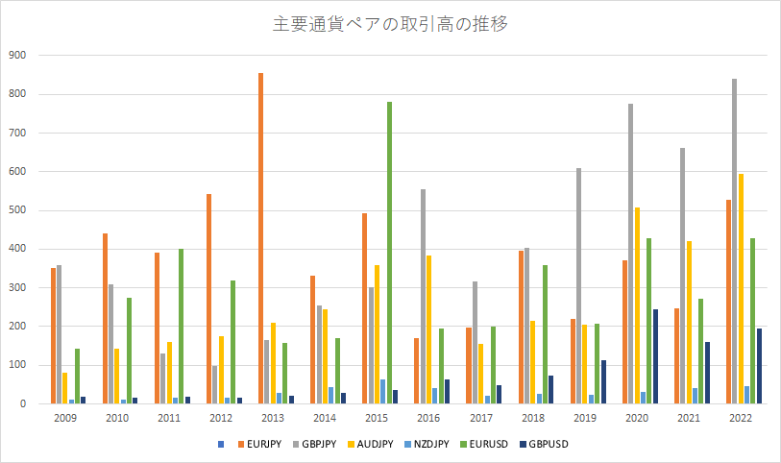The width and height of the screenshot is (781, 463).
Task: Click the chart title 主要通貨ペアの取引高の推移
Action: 390,24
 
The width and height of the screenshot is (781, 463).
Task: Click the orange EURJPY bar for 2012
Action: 208,299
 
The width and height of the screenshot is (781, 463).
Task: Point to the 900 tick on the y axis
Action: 17,56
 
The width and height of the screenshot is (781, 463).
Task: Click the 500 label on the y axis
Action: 17,210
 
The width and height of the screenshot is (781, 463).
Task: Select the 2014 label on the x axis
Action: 325,419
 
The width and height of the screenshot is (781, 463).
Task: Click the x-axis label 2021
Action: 689,419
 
